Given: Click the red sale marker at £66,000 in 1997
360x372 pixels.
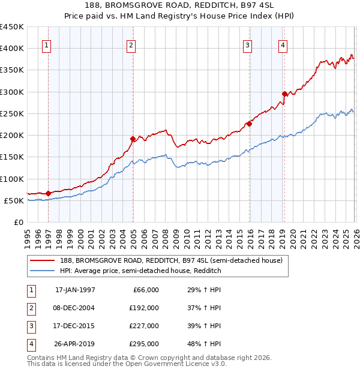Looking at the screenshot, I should click(x=49, y=193).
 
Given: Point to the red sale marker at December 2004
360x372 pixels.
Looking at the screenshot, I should click(x=133, y=139).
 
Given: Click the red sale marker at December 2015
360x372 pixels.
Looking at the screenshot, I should click(x=249, y=124).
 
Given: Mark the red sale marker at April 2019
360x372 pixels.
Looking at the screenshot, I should click(x=284, y=94).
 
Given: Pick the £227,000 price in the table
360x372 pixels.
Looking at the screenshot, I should click(x=144, y=326).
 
